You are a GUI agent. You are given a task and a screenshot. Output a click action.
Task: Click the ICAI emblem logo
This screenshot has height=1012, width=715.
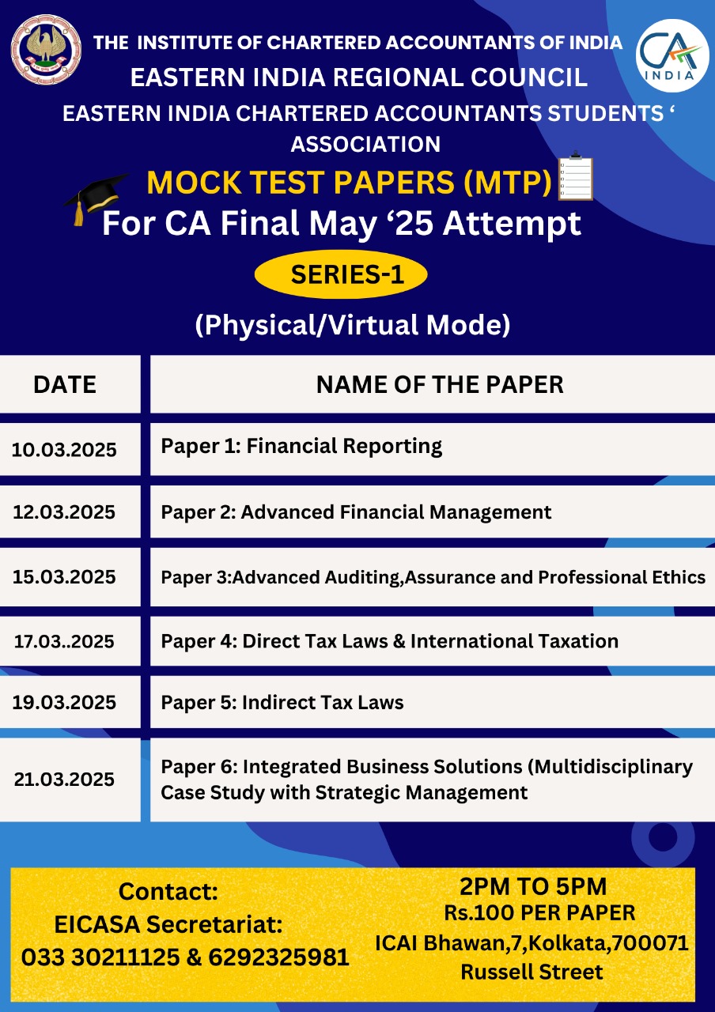46,50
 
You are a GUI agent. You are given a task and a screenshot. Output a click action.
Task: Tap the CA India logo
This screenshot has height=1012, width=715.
672,55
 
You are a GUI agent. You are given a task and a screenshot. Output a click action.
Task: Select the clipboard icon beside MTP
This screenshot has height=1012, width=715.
575,176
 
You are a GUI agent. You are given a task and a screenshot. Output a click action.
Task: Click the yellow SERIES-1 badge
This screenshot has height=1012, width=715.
341,274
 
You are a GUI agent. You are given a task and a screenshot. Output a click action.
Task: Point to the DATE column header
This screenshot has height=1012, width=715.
65,384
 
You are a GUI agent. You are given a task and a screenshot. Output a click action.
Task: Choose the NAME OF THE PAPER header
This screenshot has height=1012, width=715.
440,384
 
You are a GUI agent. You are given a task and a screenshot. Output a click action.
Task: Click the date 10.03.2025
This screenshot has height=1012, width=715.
64,450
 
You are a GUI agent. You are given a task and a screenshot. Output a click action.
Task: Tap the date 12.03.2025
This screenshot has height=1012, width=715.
64,512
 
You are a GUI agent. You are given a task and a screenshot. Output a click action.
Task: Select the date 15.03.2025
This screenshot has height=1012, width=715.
64,577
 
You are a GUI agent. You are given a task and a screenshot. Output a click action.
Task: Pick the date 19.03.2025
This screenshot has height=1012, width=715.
64,702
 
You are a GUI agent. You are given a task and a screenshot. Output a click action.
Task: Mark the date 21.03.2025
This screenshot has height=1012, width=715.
64,780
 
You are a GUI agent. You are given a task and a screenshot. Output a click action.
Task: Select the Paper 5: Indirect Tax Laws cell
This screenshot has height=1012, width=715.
432,702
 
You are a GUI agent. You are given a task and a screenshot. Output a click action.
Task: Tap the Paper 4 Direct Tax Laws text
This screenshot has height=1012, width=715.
390,641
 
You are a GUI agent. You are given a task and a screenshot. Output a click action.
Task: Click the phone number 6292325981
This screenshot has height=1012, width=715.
279,957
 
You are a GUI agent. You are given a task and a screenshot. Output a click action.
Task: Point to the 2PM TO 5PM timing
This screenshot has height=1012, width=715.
533,886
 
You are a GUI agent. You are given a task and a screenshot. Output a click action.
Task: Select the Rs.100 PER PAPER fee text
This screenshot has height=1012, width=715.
539,912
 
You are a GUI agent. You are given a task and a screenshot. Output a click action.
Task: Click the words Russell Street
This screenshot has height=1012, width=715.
532,972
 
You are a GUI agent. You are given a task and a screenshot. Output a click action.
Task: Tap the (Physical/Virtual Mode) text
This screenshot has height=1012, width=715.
353,325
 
